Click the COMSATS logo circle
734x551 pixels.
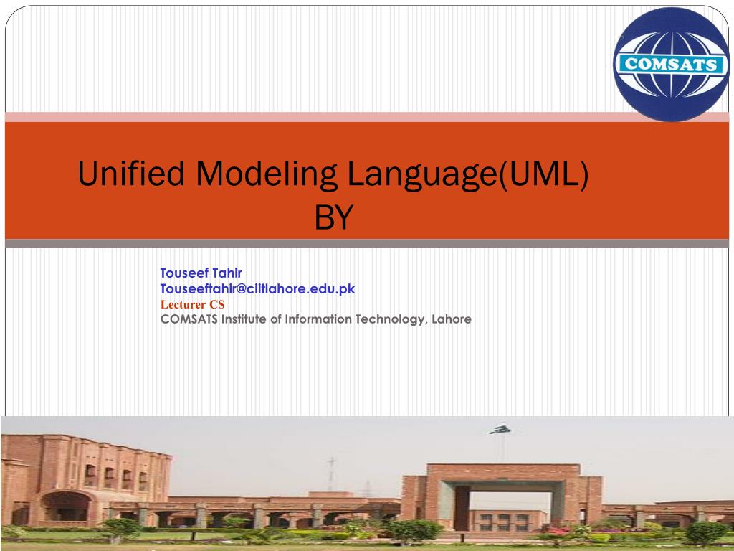point(671,65)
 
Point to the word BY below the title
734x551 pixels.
point(335,218)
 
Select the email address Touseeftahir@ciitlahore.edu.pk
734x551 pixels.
point(257,288)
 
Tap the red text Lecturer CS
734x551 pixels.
point(192,303)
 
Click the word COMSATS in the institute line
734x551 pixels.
point(189,319)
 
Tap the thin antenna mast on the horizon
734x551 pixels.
point(331,474)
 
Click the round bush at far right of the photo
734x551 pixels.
point(706,532)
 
